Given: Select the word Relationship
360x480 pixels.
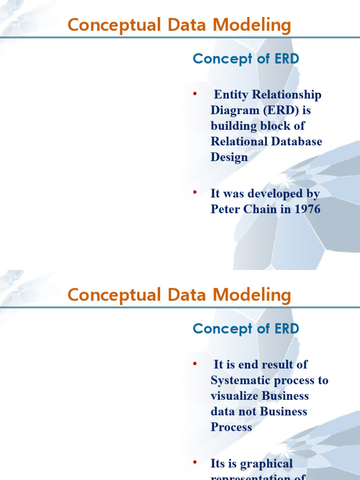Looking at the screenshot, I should point(287,95).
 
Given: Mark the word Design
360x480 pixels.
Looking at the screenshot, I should point(229,157).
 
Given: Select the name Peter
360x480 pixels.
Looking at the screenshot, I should point(225,209).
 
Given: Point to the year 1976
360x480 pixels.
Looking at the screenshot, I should point(307,209).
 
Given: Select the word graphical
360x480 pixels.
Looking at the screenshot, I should point(267,464).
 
